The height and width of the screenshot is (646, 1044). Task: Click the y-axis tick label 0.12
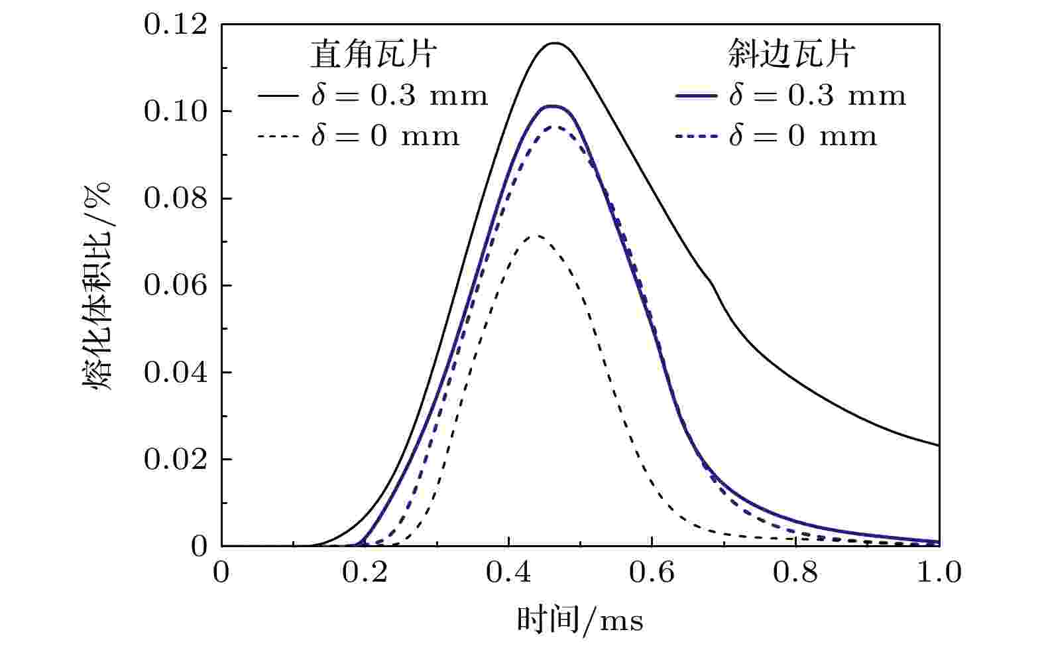click(x=175, y=25)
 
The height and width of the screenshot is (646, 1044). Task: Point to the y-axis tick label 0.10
click(x=175, y=112)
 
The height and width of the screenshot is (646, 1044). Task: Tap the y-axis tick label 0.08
click(x=175, y=199)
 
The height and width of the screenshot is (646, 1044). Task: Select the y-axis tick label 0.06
click(x=175, y=286)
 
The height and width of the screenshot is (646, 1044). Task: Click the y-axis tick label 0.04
click(x=175, y=373)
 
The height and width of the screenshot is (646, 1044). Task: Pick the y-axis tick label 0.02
click(x=175, y=460)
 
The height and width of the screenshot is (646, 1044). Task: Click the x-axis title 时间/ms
click(x=580, y=621)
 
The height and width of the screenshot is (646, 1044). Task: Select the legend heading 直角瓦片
click(x=373, y=54)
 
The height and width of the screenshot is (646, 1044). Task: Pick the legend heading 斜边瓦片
click(x=791, y=54)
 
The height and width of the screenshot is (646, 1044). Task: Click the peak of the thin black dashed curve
click(x=536, y=235)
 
